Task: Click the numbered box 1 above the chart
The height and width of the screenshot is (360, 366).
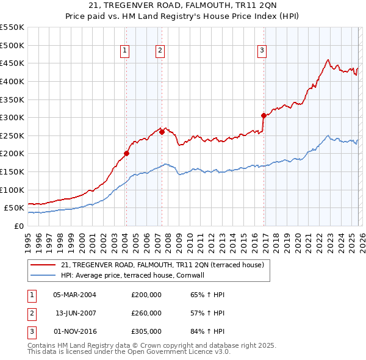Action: [124, 51]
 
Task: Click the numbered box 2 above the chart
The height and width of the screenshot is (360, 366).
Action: [160, 51]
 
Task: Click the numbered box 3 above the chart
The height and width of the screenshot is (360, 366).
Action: [262, 51]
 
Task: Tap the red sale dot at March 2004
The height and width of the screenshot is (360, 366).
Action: [126, 154]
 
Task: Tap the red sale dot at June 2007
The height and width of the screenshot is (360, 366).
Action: [162, 132]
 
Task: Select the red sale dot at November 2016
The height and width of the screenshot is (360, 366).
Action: [264, 115]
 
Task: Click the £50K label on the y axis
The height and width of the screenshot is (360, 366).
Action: [15, 208]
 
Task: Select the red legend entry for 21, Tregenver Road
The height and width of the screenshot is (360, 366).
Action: [162, 265]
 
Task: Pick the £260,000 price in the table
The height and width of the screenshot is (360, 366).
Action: [146, 313]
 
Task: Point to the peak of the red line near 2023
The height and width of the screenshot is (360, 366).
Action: [328, 60]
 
